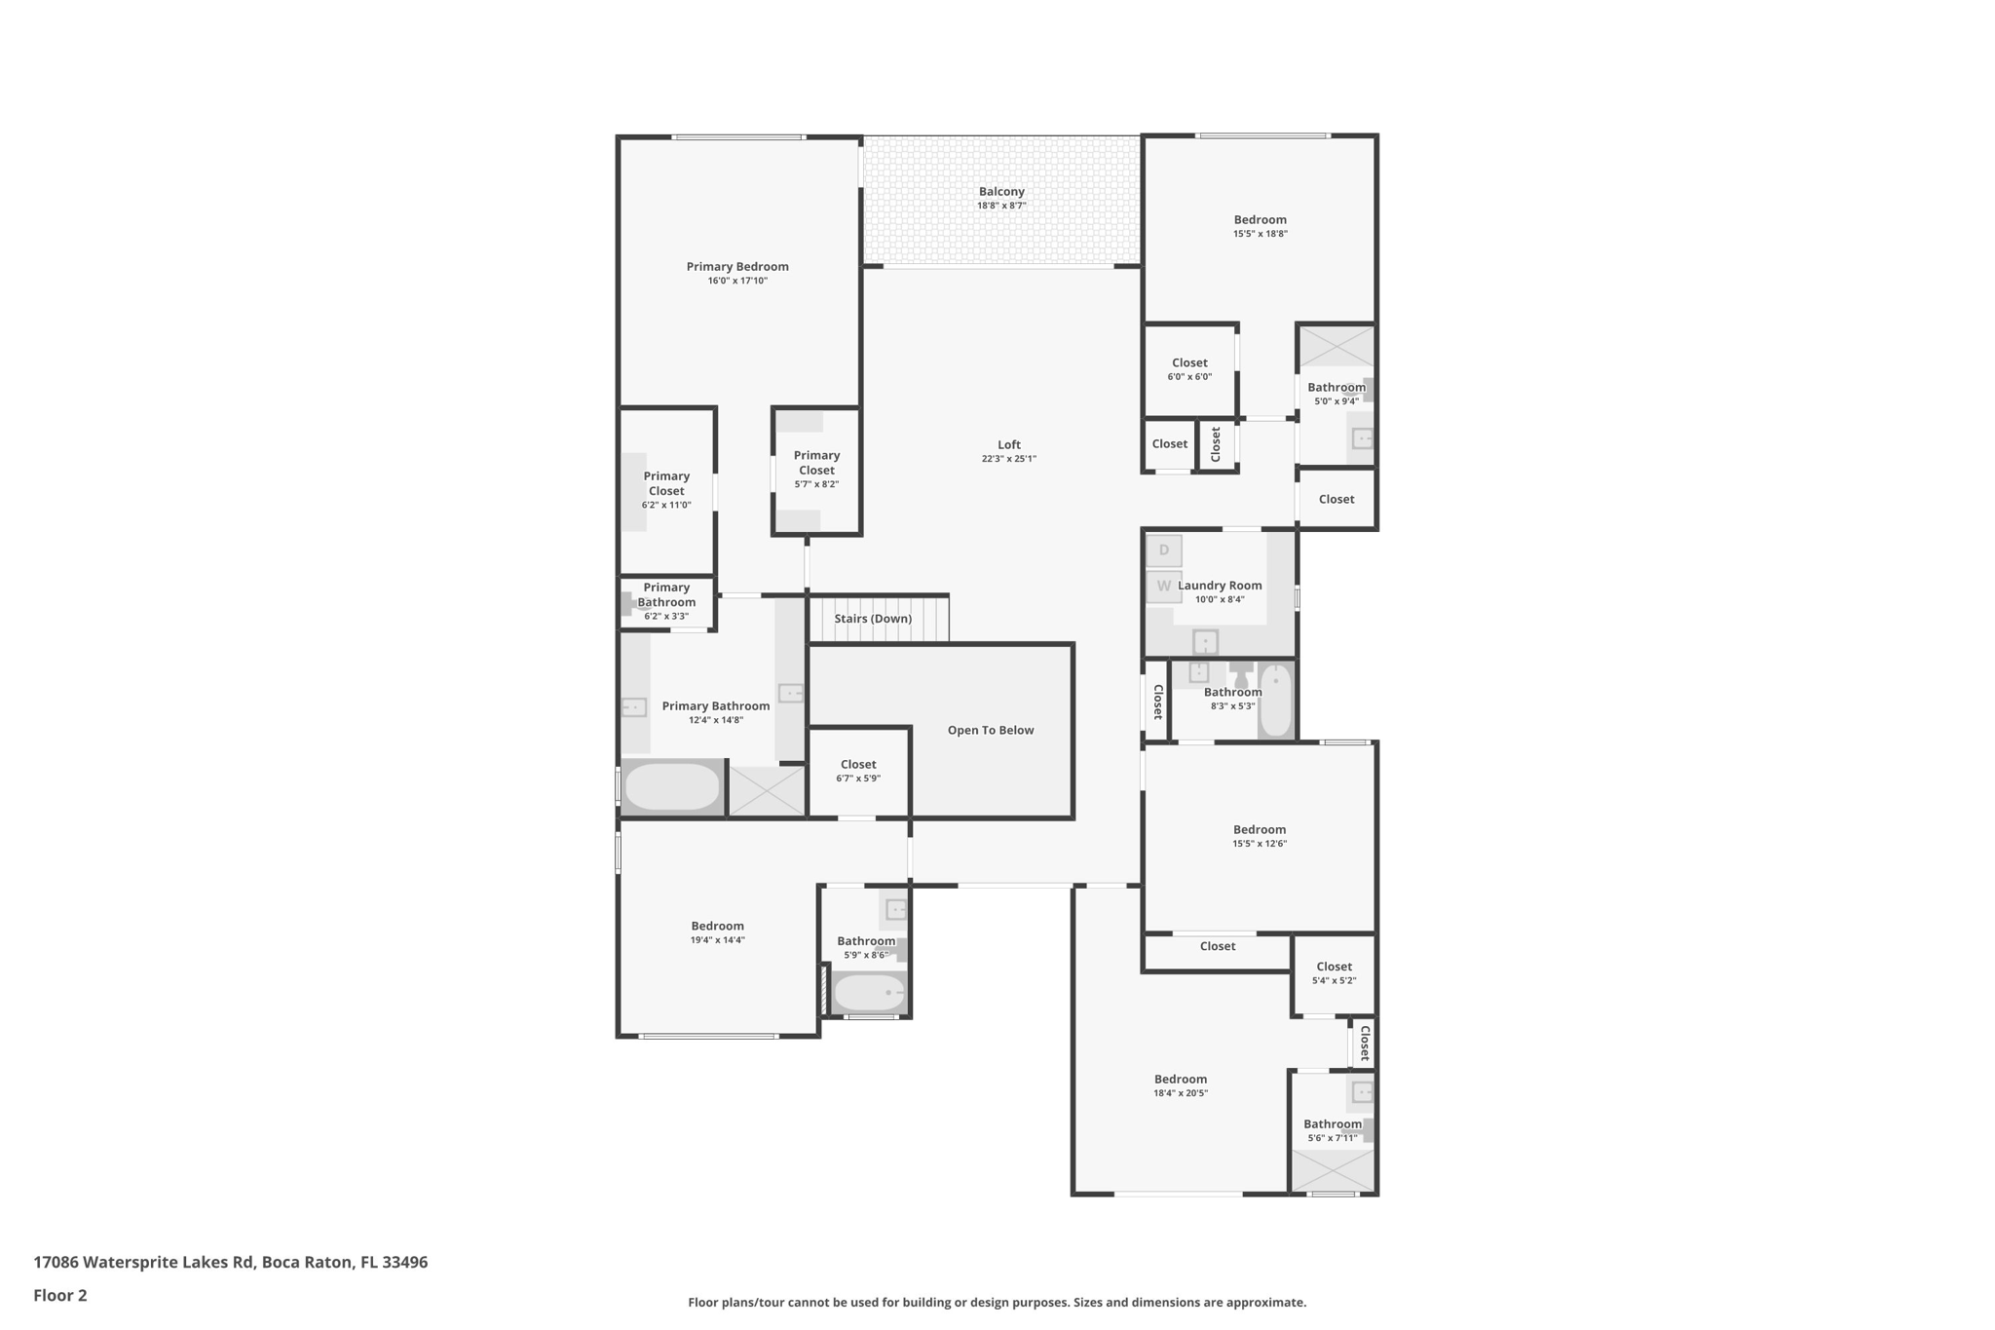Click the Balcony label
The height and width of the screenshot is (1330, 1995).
click(x=1001, y=192)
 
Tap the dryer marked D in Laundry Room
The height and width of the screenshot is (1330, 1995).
click(x=1163, y=551)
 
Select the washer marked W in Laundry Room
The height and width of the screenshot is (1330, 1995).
click(x=1163, y=587)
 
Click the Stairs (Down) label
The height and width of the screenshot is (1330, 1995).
click(x=873, y=619)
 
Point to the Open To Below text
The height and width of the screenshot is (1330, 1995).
click(x=990, y=730)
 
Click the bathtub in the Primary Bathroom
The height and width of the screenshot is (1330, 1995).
click(x=672, y=787)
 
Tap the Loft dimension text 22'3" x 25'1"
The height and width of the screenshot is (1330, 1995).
click(x=1008, y=459)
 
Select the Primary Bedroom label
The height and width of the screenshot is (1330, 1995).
click(x=737, y=267)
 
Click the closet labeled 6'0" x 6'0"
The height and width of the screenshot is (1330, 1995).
click(x=1189, y=369)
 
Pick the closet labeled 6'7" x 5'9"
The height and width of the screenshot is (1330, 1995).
click(x=858, y=771)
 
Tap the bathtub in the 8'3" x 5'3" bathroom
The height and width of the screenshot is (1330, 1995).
click(x=1275, y=700)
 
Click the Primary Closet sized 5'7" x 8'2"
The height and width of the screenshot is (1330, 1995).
click(x=816, y=469)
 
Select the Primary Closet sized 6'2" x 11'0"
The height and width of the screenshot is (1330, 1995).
click(x=666, y=490)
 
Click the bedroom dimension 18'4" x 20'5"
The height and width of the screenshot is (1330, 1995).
click(x=1181, y=1093)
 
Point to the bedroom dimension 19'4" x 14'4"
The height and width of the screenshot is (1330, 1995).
click(x=718, y=940)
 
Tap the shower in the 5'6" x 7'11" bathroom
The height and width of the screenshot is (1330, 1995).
click(x=1333, y=1170)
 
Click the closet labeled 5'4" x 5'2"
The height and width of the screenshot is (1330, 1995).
click(x=1334, y=973)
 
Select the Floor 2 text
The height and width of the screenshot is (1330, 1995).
click(x=60, y=1295)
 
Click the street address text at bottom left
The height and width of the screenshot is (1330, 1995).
click(x=231, y=1262)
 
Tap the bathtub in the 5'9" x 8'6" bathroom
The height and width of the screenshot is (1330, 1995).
click(x=870, y=993)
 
